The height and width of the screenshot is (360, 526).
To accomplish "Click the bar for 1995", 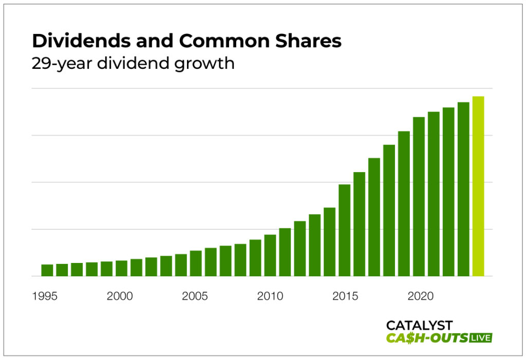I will (x=47, y=270).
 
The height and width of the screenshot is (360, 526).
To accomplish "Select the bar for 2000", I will (x=122, y=268).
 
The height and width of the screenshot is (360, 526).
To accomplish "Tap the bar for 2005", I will (x=196, y=263).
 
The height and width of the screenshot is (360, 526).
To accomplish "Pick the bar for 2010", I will (x=270, y=255).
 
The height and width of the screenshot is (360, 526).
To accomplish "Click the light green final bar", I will (x=478, y=186).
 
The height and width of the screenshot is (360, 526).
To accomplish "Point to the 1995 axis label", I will (x=45, y=296).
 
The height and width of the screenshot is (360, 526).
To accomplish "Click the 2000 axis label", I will (x=120, y=296).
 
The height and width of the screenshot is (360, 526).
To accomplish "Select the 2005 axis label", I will (x=195, y=296).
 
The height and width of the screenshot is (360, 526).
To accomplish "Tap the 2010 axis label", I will (x=270, y=296).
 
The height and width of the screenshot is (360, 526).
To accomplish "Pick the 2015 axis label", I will (x=345, y=296).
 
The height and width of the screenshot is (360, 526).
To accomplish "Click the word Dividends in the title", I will (x=70, y=41).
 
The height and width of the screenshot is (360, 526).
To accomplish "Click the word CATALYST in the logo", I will (x=419, y=325).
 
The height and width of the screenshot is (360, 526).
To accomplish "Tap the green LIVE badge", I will (x=481, y=337).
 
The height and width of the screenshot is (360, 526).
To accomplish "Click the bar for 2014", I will (x=329, y=242).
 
